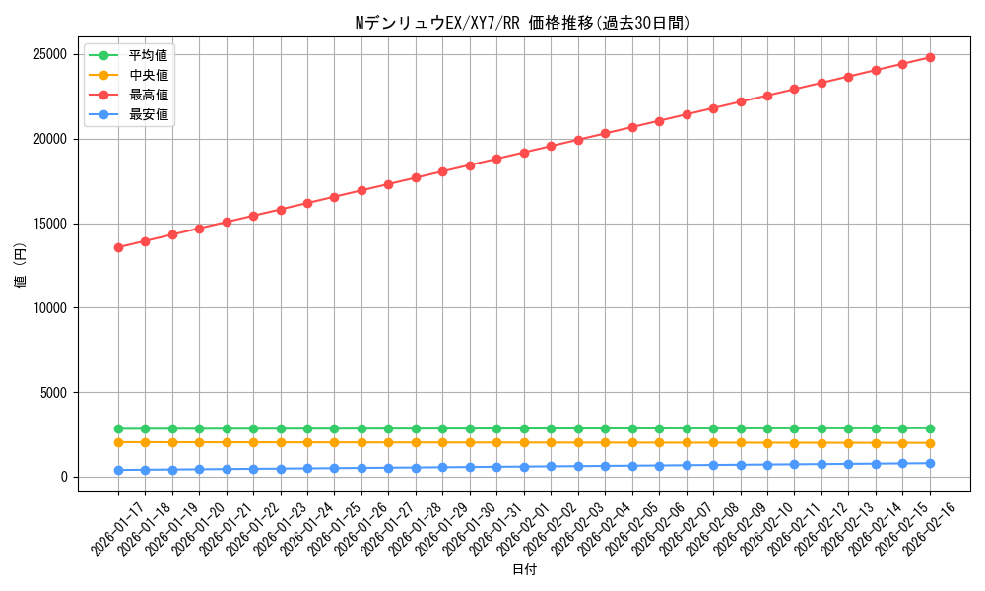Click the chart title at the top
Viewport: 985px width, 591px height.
[x=522, y=23]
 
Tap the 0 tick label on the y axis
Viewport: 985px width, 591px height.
[x=63, y=478]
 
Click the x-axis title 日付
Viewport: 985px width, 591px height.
[x=524, y=569]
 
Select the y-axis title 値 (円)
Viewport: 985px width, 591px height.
[x=20, y=266]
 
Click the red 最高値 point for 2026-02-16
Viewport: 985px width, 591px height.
[x=930, y=57]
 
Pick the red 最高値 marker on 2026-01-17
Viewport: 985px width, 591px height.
[x=118, y=247]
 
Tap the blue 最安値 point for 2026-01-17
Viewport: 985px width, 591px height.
[x=118, y=470]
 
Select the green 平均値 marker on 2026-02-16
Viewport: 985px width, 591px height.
[x=930, y=428]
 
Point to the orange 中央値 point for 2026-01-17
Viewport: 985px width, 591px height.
[x=118, y=442]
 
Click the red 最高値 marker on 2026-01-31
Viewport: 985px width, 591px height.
[x=496, y=159]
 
